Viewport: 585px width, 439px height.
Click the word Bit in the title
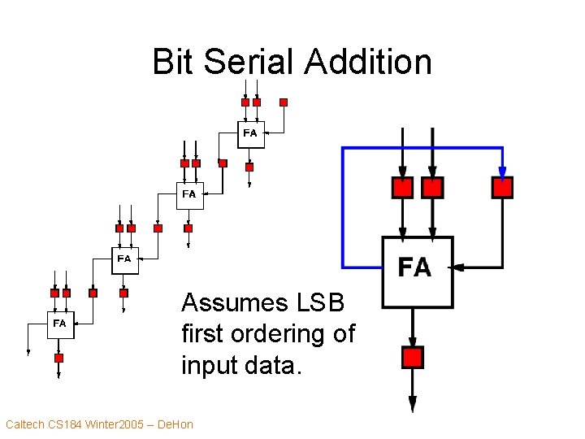point(174,62)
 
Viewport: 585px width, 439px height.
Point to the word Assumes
point(235,303)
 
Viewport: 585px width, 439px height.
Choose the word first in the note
point(204,334)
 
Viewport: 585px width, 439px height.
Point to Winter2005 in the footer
point(116,424)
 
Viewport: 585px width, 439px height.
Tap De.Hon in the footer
point(175,424)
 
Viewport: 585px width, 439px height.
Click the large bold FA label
point(414,267)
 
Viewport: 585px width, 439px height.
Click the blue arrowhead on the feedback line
point(502,172)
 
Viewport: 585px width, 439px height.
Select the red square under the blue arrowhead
point(502,188)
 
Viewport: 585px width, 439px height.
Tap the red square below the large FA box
point(413,357)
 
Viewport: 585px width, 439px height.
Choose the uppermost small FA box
point(250,133)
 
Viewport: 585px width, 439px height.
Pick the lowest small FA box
point(59,324)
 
